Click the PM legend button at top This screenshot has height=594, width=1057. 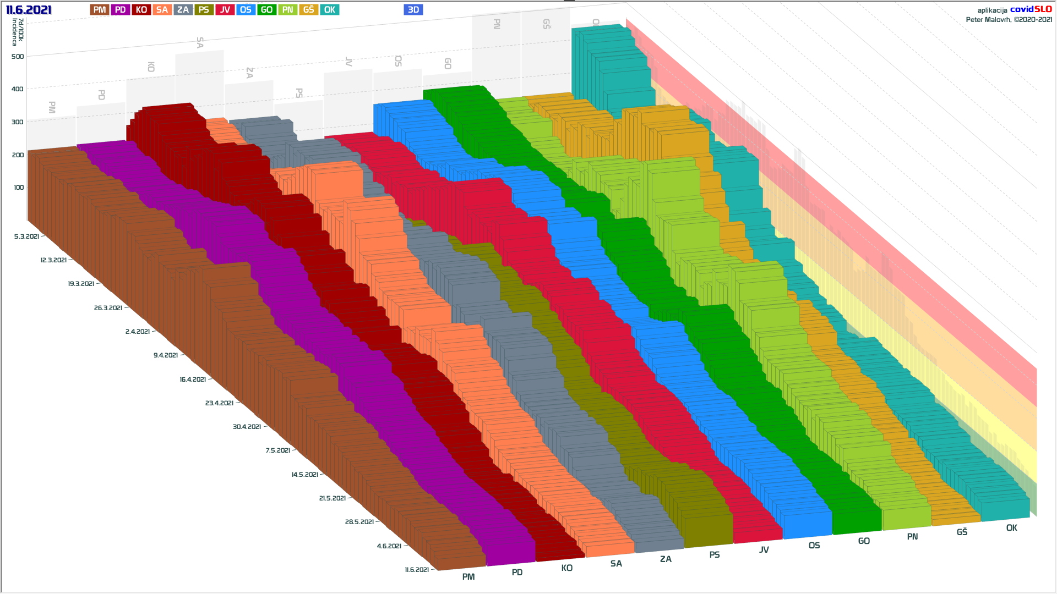99,10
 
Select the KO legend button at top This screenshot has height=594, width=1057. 141,10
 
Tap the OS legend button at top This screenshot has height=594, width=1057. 246,10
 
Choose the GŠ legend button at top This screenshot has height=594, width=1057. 308,10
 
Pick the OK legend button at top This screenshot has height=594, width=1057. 329,10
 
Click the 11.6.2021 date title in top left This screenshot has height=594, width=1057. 29,10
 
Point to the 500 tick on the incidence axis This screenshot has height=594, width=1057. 18,57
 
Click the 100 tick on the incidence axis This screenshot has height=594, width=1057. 19,188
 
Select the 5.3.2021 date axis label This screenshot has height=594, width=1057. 26,237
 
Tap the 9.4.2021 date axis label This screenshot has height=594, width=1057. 166,355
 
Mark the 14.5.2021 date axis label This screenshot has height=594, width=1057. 304,474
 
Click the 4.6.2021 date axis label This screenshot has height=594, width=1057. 389,546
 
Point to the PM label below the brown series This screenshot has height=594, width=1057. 468,576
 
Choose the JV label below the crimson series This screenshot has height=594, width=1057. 764,549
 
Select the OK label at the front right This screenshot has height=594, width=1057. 1011,528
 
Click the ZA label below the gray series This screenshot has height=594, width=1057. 666,559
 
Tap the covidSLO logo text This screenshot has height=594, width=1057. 1031,9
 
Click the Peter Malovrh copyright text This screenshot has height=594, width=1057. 1009,20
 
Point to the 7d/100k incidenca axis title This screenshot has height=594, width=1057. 18,32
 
